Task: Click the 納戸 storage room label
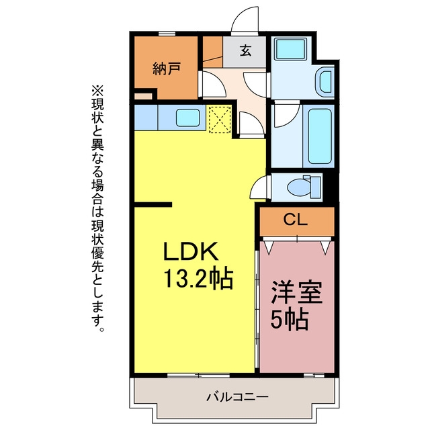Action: tap(167, 69)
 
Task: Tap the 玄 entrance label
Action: tap(245, 51)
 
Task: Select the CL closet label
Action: tap(296, 220)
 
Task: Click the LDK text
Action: tap(191, 251)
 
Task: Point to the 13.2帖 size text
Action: tap(198, 279)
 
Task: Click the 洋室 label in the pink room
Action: tap(296, 293)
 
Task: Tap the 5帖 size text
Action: tap(290, 320)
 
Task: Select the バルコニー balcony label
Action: tap(237, 397)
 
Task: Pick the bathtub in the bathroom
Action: tap(320, 136)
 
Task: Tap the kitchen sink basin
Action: tap(188, 118)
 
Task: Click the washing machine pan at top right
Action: tap(291, 49)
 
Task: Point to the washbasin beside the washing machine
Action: tap(325, 81)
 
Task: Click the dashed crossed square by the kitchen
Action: tap(220, 120)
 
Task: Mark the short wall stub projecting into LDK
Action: tap(153, 204)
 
